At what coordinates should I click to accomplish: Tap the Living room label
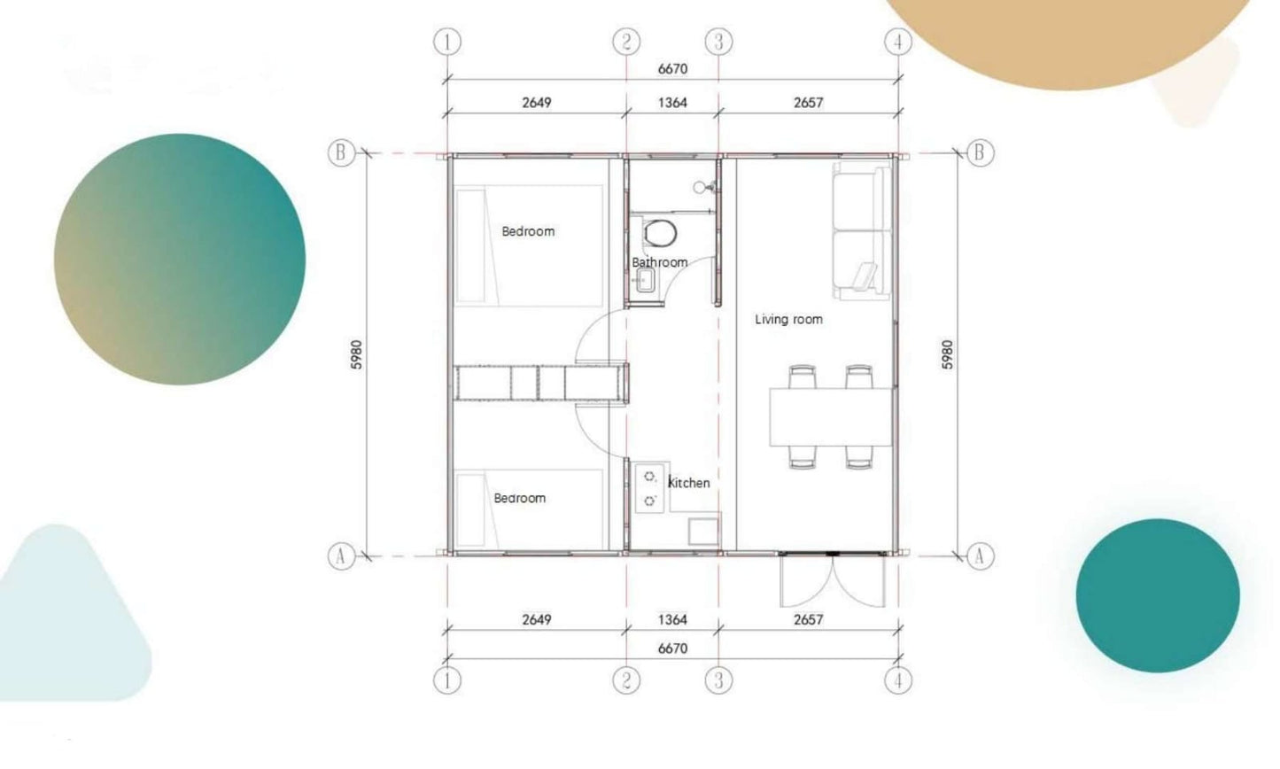click(x=788, y=319)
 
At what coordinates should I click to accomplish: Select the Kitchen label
click(x=688, y=483)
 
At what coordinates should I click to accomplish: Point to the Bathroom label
click(x=659, y=262)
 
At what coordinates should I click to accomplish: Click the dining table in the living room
click(x=831, y=416)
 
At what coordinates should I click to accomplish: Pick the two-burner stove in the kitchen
click(x=649, y=488)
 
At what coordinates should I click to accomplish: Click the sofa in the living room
click(x=862, y=230)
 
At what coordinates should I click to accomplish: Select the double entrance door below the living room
click(x=833, y=580)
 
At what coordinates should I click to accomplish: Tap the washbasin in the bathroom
click(x=645, y=281)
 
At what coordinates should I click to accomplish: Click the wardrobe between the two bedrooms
click(x=541, y=383)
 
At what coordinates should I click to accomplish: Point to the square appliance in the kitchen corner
click(x=702, y=532)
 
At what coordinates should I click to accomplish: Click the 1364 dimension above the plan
click(x=672, y=103)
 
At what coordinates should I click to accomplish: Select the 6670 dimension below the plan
click(x=672, y=649)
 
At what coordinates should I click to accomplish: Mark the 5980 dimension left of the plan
click(x=357, y=354)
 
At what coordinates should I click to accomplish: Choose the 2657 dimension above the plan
click(x=808, y=103)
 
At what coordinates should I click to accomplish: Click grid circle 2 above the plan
click(x=626, y=42)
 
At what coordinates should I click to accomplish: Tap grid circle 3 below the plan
click(x=718, y=680)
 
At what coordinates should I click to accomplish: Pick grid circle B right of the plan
click(x=980, y=153)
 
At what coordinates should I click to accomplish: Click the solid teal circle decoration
click(x=1158, y=595)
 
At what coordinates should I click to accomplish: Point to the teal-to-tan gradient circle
click(x=180, y=260)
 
